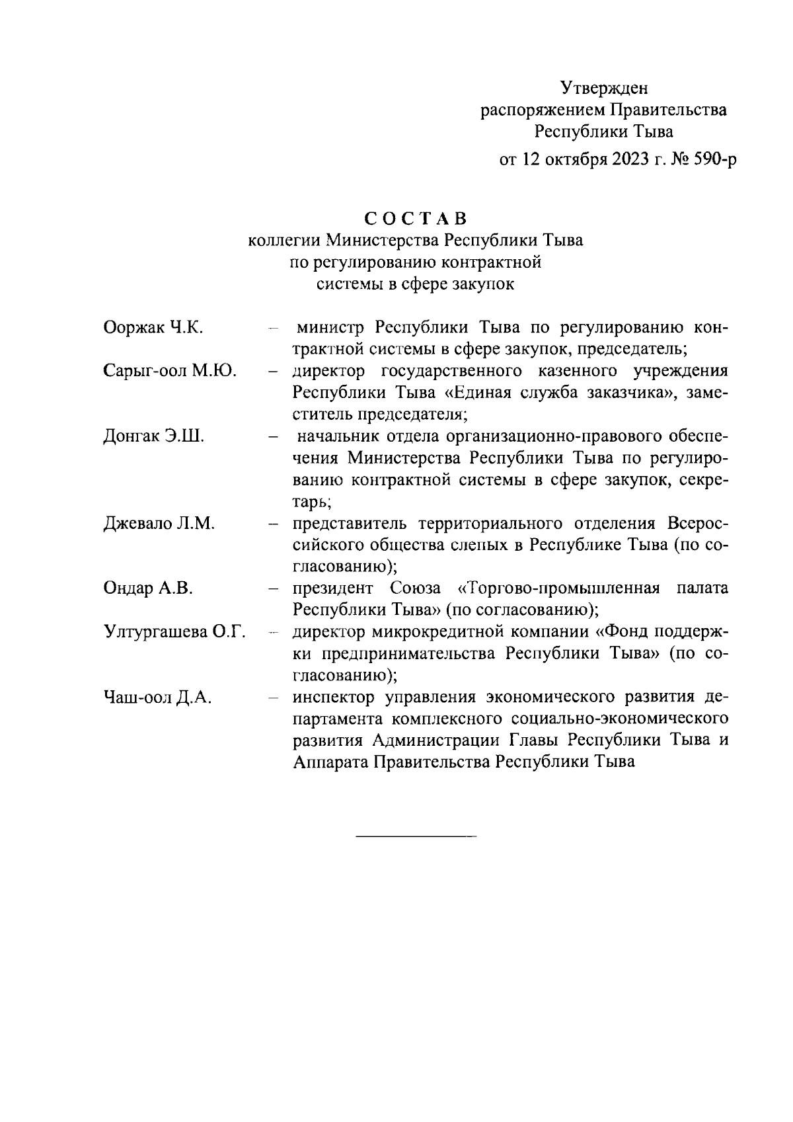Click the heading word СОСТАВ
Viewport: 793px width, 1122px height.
[416, 219]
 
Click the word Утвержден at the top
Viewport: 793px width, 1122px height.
[604, 88]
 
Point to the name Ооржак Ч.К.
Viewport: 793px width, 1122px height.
[153, 328]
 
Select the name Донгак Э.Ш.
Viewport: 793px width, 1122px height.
[154, 437]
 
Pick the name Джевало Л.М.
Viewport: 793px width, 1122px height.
[159, 524]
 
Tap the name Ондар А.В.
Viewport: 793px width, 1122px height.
[148, 588]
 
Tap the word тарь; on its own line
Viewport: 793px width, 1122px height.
[312, 502]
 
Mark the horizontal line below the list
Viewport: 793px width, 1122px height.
[416, 838]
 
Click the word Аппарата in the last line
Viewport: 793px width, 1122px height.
[330, 762]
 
